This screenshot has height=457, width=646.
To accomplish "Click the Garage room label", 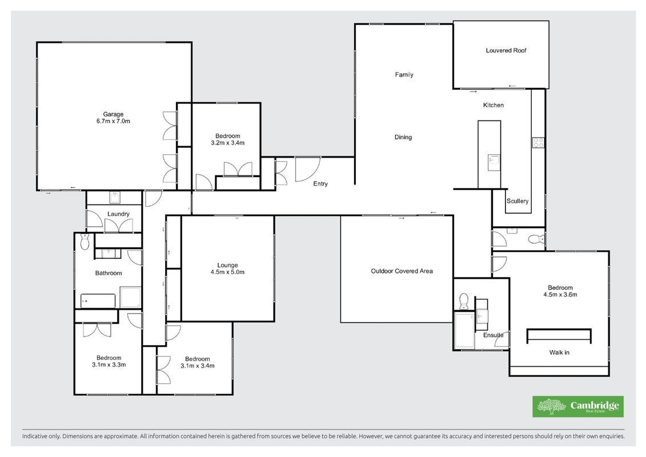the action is click(113, 118).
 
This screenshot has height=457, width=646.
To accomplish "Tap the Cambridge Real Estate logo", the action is click(578, 407).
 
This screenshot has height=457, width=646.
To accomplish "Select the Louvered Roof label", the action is click(506, 50).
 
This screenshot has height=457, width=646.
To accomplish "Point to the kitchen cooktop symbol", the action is click(539, 143).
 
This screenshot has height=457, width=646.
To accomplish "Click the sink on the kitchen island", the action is click(493, 162).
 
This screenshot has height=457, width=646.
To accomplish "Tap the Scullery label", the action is click(517, 201).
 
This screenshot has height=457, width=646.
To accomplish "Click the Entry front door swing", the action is click(307, 169).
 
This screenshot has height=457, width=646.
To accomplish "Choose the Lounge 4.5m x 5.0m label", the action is click(227, 268).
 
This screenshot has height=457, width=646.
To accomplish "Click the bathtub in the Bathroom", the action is click(98, 301).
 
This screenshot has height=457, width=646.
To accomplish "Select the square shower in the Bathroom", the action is click(130, 297).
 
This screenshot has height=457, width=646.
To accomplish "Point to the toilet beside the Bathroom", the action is click(85, 242).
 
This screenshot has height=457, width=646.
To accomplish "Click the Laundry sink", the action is click(115, 198).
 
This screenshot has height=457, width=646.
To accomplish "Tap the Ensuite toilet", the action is click(464, 301).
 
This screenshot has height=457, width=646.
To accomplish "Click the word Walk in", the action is click(559, 352).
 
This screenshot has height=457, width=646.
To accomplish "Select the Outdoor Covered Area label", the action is click(402, 271).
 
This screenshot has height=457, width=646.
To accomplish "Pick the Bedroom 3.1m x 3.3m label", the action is click(109, 362).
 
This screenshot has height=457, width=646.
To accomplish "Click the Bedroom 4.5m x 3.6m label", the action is click(560, 291).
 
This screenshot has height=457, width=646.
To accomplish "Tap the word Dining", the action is click(403, 137).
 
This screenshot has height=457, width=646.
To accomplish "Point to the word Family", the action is click(404, 75).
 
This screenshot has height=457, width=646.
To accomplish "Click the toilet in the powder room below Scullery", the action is click(536, 239).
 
